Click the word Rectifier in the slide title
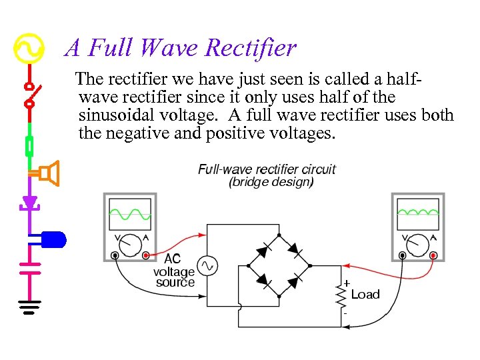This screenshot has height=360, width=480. click(251, 48)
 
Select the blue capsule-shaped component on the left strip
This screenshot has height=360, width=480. click(54, 237)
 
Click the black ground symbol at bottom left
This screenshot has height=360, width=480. click(29, 307)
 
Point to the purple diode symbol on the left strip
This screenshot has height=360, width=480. click(29, 201)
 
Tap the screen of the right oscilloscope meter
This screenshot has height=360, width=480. click(418, 214)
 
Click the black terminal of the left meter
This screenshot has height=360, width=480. click(115, 255)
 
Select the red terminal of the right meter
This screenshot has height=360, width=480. click(433, 255)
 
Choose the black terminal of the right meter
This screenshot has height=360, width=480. click(403, 255)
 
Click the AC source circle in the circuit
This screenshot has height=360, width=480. click(207, 266)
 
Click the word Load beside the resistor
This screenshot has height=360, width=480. click(365, 294)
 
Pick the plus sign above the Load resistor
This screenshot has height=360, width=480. click(347, 283)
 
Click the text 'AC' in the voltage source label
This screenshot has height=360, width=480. click(172, 259)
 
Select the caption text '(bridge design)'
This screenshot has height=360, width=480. click(271, 181)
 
